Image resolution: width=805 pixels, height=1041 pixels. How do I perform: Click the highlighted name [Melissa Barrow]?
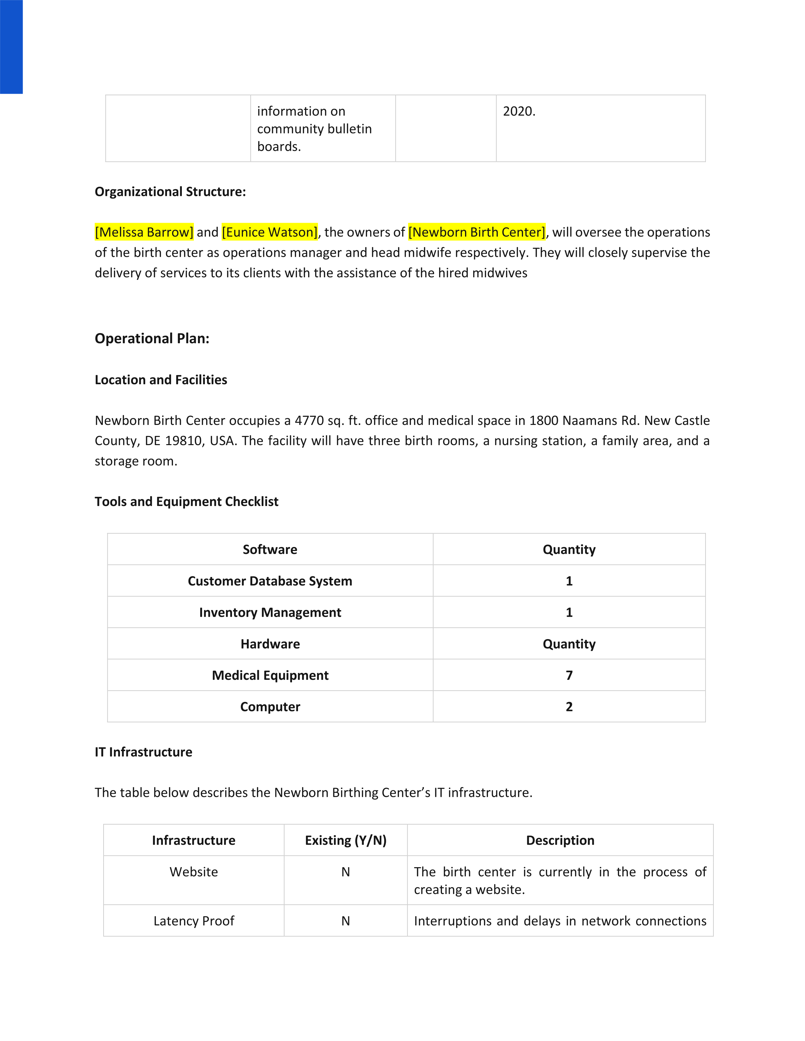(144, 232)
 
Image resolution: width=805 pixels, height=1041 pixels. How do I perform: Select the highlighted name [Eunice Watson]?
(270, 232)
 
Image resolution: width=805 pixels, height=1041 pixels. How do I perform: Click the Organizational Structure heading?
(170, 191)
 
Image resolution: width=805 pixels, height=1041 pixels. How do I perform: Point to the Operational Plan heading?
(152, 338)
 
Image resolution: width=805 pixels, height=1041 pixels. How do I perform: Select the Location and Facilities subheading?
(161, 380)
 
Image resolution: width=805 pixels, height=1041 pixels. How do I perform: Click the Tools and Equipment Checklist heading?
(187, 502)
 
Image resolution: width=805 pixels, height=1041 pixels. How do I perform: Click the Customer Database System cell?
(270, 581)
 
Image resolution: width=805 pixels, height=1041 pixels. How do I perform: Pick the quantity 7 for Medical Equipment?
(569, 675)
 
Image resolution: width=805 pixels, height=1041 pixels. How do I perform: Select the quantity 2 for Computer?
(569, 707)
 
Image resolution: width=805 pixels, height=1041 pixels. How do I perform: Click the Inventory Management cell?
(270, 613)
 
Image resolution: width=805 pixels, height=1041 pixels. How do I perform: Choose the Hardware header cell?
(270, 644)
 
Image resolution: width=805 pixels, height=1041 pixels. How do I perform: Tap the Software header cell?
(270, 550)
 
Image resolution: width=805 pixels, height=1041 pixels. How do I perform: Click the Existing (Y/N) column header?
(346, 840)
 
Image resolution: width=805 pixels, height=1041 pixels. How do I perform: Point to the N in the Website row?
(346, 872)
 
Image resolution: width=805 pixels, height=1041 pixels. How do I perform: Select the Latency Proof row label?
(194, 921)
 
